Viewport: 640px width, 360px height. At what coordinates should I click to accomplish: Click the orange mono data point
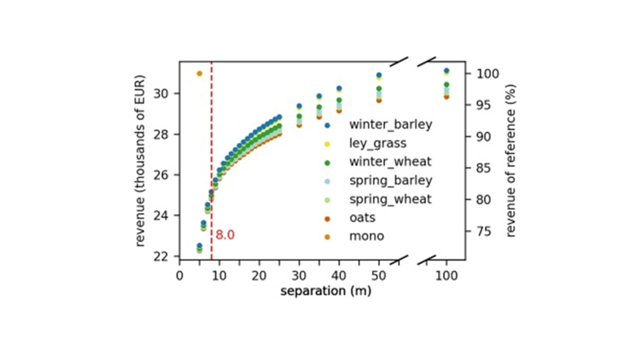tap(199, 73)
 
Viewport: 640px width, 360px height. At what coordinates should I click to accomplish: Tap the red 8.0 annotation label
tap(225, 235)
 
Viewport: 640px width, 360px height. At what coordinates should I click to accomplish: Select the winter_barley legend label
tap(391, 125)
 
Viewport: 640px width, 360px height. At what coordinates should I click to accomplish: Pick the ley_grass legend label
tap(378, 143)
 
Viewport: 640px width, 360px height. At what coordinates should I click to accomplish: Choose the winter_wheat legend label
tap(390, 162)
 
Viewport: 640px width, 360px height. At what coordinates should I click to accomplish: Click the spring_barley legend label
tap(391, 181)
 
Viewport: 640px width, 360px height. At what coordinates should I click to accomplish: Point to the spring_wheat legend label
tap(390, 199)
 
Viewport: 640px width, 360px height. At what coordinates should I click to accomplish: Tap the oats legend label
tap(362, 218)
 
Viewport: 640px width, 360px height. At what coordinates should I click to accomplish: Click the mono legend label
tap(367, 236)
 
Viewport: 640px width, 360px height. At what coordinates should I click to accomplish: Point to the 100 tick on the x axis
tap(447, 276)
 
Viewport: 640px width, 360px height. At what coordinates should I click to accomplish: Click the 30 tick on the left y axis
tap(161, 94)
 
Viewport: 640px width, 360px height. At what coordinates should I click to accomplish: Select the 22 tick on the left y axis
tap(161, 257)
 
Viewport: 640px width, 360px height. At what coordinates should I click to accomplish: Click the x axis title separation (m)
tap(326, 291)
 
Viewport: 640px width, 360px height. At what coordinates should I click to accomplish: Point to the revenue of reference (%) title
tap(511, 161)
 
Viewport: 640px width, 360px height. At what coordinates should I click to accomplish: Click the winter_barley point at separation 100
tap(447, 71)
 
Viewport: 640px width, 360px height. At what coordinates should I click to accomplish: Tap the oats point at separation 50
tap(379, 100)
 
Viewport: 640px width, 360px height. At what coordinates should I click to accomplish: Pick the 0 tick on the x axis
tap(180, 276)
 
